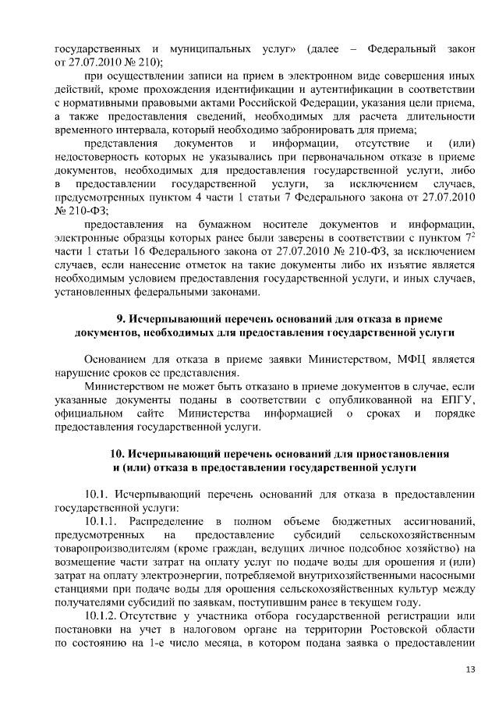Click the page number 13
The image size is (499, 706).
470,669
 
